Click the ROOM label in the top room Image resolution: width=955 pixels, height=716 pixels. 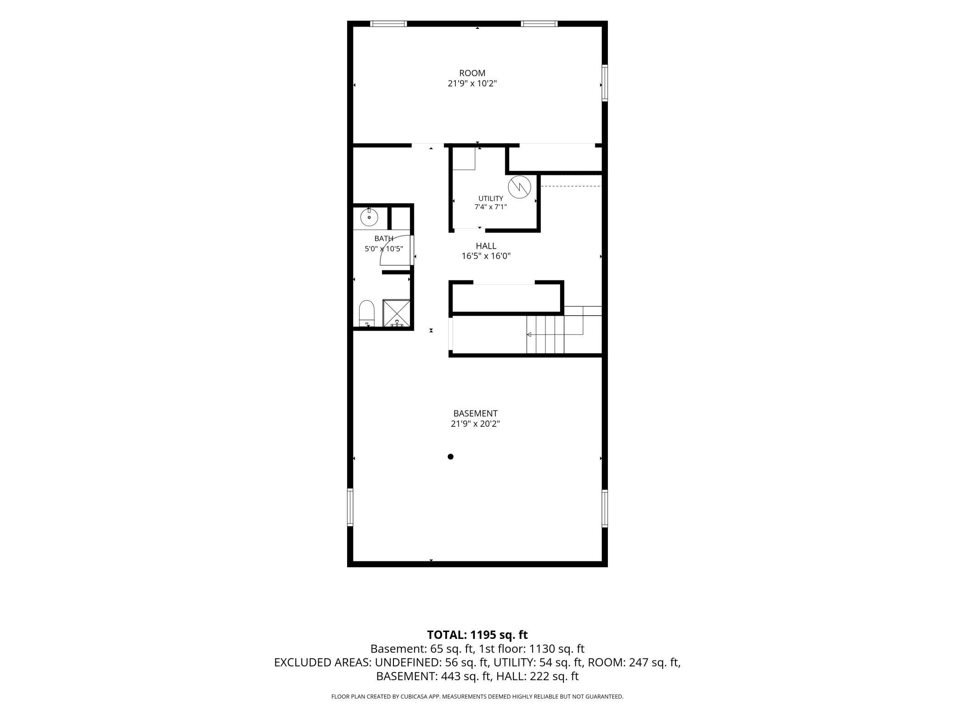[472, 73]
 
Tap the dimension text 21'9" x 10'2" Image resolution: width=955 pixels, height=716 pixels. [472, 84]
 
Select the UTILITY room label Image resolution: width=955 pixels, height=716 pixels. [491, 198]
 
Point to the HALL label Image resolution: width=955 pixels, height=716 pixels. [486, 246]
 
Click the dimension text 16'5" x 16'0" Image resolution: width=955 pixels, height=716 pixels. [486, 256]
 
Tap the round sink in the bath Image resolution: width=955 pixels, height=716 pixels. [369, 217]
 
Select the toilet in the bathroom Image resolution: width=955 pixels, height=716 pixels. [367, 313]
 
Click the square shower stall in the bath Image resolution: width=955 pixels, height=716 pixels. [396, 313]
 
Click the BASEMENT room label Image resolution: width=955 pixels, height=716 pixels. [475, 413]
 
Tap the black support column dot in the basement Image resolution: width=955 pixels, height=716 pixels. [450, 457]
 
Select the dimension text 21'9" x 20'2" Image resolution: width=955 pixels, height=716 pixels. [475, 424]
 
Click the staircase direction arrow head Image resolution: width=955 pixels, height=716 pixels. [529, 335]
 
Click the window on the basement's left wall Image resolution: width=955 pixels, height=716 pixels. [350, 507]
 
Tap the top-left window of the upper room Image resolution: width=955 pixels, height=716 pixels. [388, 24]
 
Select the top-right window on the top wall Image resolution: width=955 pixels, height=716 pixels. [539, 24]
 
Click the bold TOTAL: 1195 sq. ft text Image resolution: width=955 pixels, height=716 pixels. [477, 635]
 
